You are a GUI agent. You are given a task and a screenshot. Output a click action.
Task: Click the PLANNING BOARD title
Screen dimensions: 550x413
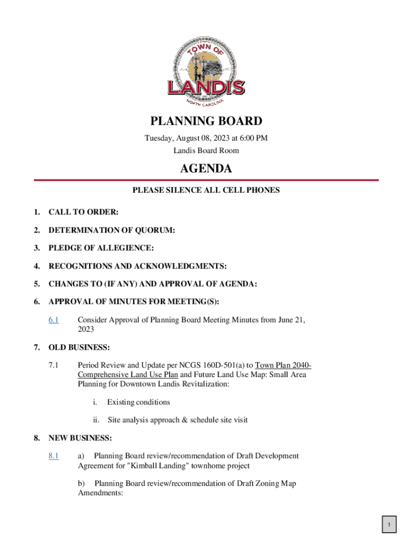(x=206, y=121)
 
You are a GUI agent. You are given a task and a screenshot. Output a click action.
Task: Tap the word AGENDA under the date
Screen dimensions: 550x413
(x=206, y=169)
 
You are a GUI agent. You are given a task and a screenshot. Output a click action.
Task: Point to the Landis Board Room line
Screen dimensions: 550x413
(x=206, y=150)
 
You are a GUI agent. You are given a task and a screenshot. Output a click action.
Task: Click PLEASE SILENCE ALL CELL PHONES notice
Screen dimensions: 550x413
(x=206, y=190)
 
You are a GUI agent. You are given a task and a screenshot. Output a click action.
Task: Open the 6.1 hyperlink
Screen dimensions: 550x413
(x=53, y=320)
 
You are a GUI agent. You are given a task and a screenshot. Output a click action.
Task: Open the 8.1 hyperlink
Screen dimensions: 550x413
(x=53, y=456)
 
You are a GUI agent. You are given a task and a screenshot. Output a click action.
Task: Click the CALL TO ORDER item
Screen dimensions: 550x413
(x=83, y=212)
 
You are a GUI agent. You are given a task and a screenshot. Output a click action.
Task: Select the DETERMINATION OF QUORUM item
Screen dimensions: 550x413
(x=112, y=230)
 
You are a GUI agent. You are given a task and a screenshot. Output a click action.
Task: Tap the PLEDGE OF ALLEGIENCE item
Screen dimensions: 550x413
(x=101, y=248)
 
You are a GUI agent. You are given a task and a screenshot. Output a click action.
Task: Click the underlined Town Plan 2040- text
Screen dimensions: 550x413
(x=283, y=366)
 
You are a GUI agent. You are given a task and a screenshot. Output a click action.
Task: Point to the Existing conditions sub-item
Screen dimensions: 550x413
(x=138, y=402)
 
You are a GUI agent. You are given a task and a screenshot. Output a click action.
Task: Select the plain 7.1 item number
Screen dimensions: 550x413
(x=53, y=366)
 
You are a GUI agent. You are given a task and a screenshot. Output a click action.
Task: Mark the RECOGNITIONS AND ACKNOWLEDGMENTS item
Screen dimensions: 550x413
(x=137, y=266)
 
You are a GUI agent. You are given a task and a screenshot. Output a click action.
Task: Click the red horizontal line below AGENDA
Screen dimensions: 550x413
(x=206, y=180)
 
